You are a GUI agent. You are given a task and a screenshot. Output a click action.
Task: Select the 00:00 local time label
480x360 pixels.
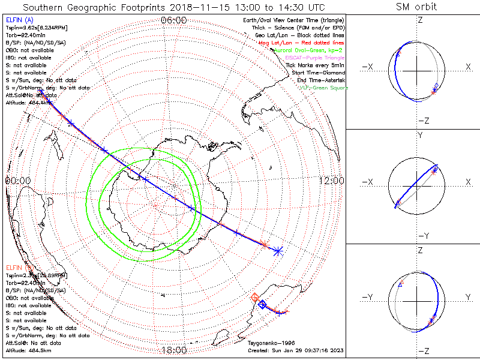pyautogui.click(x=17, y=181)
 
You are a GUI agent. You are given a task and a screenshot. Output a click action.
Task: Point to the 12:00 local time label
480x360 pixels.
pyautogui.click(x=332, y=181)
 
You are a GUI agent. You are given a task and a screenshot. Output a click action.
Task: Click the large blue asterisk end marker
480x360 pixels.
pyautogui.click(x=278, y=251)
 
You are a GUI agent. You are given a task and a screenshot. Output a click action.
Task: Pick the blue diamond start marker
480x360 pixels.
pyautogui.click(x=262, y=305)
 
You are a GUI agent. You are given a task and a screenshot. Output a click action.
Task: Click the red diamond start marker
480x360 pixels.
pyautogui.click(x=255, y=297)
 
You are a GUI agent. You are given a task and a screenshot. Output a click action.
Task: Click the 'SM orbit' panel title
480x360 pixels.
pyautogui.click(x=416, y=7)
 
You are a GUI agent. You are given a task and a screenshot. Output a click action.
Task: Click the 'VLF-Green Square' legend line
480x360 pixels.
pyautogui.click(x=323, y=88)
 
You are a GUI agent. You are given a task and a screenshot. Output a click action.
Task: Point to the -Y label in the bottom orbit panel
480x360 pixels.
pyautogui.click(x=367, y=298)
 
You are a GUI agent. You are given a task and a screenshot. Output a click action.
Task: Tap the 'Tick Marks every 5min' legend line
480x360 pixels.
pyautogui.click(x=316, y=65)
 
